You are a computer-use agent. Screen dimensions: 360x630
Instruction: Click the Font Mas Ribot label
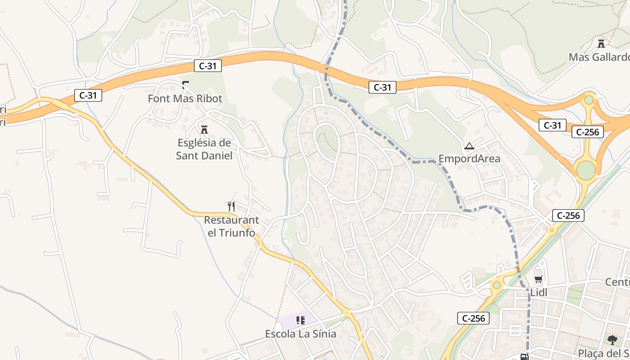pos(185,98)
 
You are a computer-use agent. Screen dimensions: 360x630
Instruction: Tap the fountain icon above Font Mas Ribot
pos(185,85)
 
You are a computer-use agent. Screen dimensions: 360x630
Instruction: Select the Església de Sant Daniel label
pos(204,149)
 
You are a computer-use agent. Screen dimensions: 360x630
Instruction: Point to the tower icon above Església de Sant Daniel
pos(204,130)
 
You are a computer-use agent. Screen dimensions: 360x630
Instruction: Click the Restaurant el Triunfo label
pos(231,226)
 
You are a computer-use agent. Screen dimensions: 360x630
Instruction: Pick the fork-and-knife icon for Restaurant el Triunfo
pos(231,207)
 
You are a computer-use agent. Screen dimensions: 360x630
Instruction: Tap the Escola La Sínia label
pos(301,334)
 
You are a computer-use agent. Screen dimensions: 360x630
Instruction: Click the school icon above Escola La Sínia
pos(300,320)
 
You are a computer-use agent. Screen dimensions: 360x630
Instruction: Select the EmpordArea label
pos(469,158)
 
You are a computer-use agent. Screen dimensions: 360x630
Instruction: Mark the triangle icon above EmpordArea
pos(469,146)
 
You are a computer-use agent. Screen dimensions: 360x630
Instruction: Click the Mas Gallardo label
pos(598,57)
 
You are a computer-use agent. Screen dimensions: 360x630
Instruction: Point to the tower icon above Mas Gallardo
pos(601,44)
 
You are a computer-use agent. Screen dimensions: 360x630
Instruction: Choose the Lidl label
pos(539,292)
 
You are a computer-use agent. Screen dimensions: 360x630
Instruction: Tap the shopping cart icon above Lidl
pos(539,279)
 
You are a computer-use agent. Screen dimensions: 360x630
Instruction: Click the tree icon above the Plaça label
pos(612,340)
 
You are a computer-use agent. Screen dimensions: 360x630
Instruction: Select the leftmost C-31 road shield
pos(88,95)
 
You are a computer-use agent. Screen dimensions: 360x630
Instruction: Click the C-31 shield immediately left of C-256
pos(552,126)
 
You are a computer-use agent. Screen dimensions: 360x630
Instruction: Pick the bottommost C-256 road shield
pos(473,318)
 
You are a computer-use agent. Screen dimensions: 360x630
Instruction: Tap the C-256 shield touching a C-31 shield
pos(588,132)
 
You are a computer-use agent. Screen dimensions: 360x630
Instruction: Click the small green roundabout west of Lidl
pos(497,284)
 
